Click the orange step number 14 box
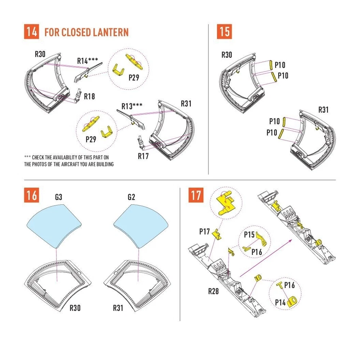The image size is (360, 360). (31, 31)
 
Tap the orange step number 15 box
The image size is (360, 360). (224, 31)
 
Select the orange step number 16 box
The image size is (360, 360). (31, 195)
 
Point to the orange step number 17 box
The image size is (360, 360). (196, 195)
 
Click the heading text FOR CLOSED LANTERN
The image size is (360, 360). (86, 32)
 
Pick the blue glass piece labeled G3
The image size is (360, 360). (54, 225)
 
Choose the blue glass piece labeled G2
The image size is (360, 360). (141, 225)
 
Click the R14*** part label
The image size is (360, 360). (87, 61)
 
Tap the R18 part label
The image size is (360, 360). (89, 96)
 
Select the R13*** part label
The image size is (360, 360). (132, 106)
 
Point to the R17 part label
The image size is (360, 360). (143, 156)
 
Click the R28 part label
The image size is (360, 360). (213, 291)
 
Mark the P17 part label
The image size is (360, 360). (204, 231)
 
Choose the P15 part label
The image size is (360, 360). (249, 235)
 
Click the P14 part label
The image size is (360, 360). (280, 302)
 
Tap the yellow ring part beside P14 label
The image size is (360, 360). (292, 301)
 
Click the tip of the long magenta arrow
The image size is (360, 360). (292, 240)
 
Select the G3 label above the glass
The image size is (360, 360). (59, 197)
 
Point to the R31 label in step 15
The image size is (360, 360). (323, 110)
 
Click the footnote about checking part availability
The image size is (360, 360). (69, 161)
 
